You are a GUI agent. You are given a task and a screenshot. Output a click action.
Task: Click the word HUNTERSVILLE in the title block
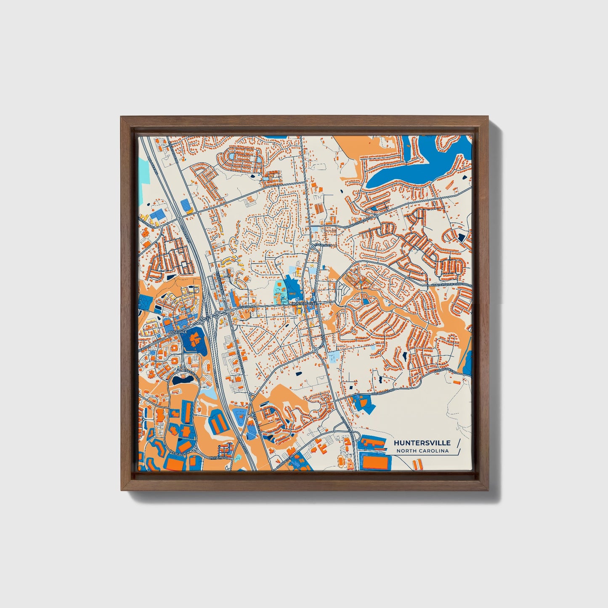[x=422, y=443]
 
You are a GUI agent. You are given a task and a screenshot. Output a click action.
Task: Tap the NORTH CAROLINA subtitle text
[x=422, y=451]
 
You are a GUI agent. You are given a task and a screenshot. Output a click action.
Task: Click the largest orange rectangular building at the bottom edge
[x=373, y=462]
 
